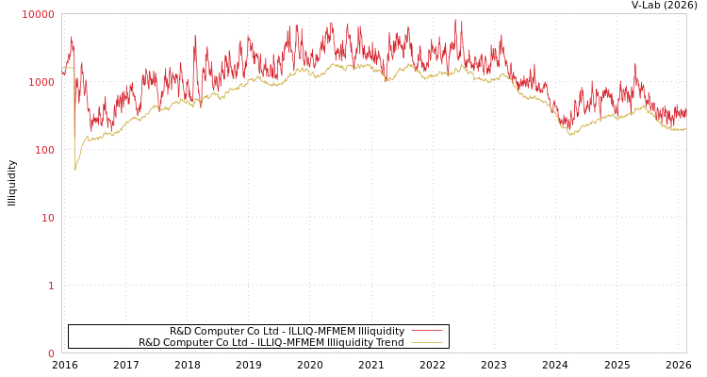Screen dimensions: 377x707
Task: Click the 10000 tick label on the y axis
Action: tap(39, 14)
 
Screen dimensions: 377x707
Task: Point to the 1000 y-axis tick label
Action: tap(41, 82)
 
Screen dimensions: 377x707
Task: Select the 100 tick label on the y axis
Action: tap(44, 150)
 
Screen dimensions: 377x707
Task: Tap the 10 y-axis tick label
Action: tap(47, 218)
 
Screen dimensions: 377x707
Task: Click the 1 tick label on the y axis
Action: tap(51, 286)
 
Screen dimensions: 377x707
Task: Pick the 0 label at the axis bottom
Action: tap(51, 353)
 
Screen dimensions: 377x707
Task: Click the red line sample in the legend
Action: tap(426, 332)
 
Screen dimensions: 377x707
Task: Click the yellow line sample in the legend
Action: tap(426, 343)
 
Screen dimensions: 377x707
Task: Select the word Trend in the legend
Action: tap(388, 343)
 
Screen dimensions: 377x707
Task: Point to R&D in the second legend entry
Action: tap(149, 343)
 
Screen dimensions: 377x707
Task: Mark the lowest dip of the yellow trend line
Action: tap(75, 171)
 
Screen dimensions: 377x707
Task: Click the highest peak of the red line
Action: tap(455, 20)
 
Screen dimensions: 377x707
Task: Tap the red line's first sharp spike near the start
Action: tap(72, 39)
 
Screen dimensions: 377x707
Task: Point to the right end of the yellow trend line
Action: tap(684, 129)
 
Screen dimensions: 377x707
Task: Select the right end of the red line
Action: tap(685, 111)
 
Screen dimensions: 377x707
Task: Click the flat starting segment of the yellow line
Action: tap(68, 68)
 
